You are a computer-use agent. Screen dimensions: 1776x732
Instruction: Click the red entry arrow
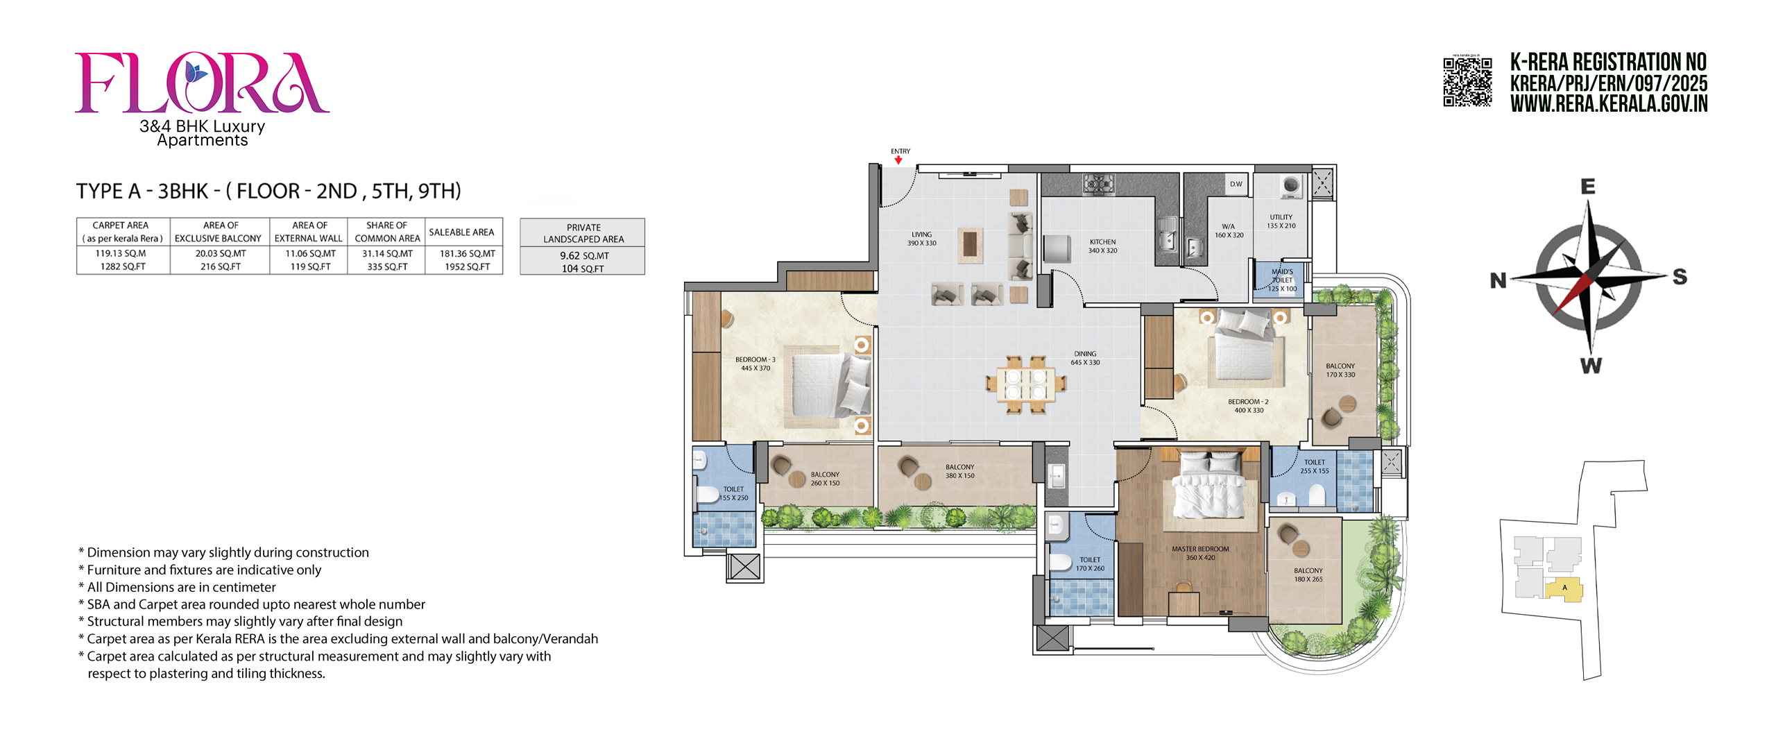898,160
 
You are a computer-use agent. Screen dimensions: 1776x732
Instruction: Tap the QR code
1467,82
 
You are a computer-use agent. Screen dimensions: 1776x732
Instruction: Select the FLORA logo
202,83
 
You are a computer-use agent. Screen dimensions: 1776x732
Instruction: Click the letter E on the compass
1588,186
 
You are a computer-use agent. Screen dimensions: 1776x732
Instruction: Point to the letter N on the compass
1498,280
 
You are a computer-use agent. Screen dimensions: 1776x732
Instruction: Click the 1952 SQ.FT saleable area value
468,266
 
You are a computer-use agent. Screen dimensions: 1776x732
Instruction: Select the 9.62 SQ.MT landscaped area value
584,255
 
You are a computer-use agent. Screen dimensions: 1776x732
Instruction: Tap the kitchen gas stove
1098,184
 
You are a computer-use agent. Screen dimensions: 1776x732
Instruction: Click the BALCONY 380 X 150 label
959,471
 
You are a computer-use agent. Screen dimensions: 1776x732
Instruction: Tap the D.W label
1236,184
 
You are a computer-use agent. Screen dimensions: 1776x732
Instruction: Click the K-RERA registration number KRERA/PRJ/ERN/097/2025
1609,83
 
